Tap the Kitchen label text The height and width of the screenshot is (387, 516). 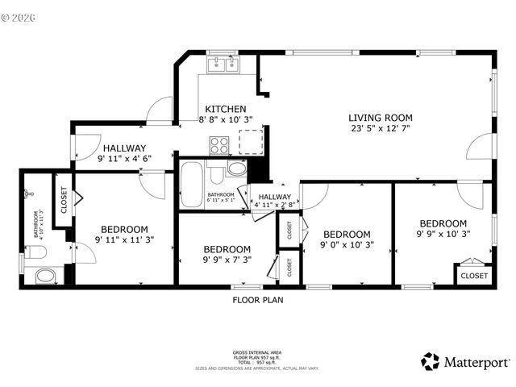click(x=225, y=109)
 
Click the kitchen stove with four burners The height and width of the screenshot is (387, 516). click(x=219, y=145)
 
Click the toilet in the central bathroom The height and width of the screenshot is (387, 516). click(x=235, y=169)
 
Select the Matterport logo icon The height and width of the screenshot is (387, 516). click(x=431, y=361)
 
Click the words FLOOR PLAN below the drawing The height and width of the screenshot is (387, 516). click(x=257, y=300)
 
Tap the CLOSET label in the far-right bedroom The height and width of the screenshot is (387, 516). click(x=473, y=276)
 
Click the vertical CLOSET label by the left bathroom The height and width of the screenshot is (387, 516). click(x=63, y=199)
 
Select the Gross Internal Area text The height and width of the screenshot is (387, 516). click(x=257, y=352)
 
